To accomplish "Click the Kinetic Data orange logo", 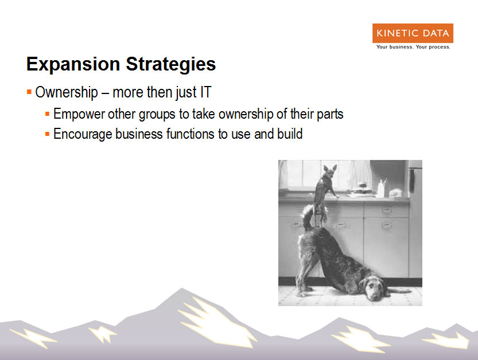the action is pyautogui.click(x=413, y=33).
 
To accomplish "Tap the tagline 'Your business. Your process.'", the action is pyautogui.click(x=413, y=47).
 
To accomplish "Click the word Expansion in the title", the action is pyautogui.click(x=73, y=65).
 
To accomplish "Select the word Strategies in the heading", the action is pyautogui.click(x=171, y=65).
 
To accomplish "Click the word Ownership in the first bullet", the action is pyautogui.click(x=67, y=92).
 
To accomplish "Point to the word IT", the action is pyautogui.click(x=205, y=92).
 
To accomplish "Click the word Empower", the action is pyautogui.click(x=79, y=114).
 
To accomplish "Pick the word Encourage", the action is pyautogui.click(x=83, y=134).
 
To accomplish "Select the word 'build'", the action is pyautogui.click(x=290, y=134).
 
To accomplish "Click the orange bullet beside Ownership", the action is pyautogui.click(x=29, y=92).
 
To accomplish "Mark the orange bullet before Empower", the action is pyautogui.click(x=47, y=114).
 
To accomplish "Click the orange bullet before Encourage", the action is pyautogui.click(x=47, y=134).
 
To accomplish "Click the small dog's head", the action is pyautogui.click(x=329, y=173).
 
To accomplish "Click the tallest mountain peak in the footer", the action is pyautogui.click(x=182, y=288).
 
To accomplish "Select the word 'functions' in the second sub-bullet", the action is pyautogui.click(x=191, y=134).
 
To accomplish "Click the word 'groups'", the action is pyautogui.click(x=157, y=115).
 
